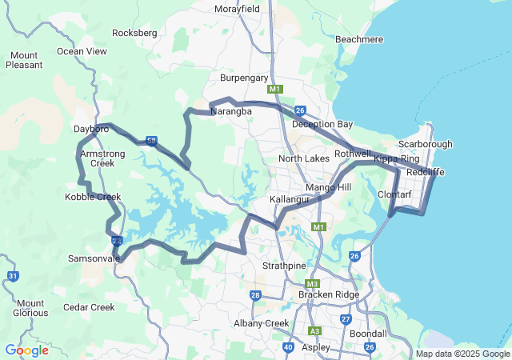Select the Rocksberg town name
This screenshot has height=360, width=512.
tap(135, 33)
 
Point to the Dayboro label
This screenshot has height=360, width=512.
tap(90, 128)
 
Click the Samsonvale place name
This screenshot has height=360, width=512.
tap(94, 258)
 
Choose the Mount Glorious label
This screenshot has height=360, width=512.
tap(30, 308)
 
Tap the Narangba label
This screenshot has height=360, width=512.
tap(231, 112)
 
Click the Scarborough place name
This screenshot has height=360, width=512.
tap(425, 144)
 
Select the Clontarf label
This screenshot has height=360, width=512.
tap(394, 194)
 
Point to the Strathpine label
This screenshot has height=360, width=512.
tap(284, 265)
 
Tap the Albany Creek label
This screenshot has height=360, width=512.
tap(261, 323)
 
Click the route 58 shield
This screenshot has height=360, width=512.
tap(151, 142)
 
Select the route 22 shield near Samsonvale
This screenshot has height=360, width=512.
tap(117, 240)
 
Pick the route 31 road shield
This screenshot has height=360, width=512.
tap(13, 276)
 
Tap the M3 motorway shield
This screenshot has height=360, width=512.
tap(312, 284)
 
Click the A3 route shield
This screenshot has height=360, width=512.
tap(315, 330)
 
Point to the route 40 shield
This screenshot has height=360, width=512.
tap(288, 347)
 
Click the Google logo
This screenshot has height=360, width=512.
tap(26, 350)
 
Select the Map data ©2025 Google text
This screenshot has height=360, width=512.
tap(462, 354)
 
